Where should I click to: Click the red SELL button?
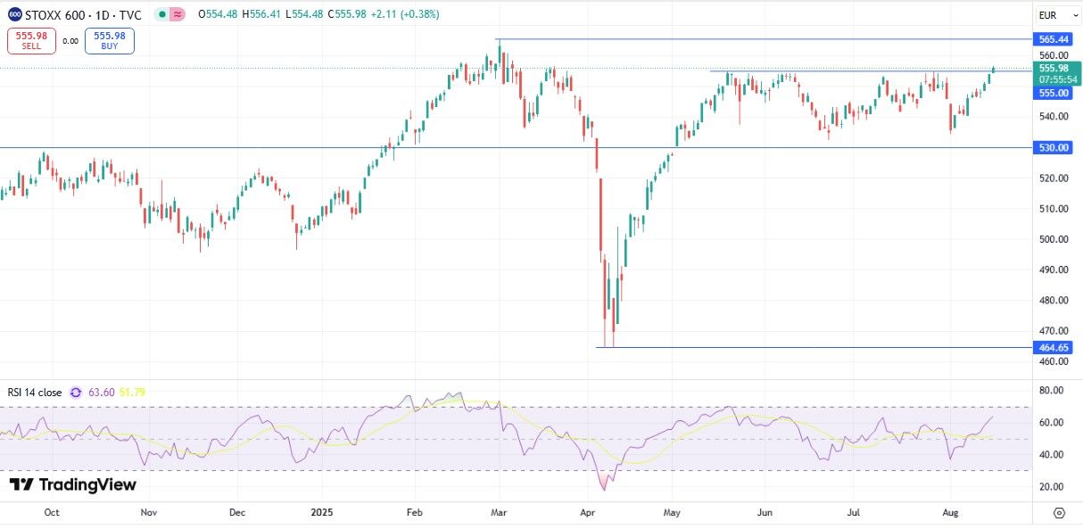31,41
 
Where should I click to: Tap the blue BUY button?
109,41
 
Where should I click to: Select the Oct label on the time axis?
52,512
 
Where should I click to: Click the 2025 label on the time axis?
322,512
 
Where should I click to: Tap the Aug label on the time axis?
949,512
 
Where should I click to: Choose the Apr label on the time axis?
588,512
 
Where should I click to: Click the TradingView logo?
73,485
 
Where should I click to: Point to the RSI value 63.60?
103,392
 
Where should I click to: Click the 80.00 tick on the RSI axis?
1051,391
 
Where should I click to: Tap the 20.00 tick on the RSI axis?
1051,487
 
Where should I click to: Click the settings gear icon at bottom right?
1059,513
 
